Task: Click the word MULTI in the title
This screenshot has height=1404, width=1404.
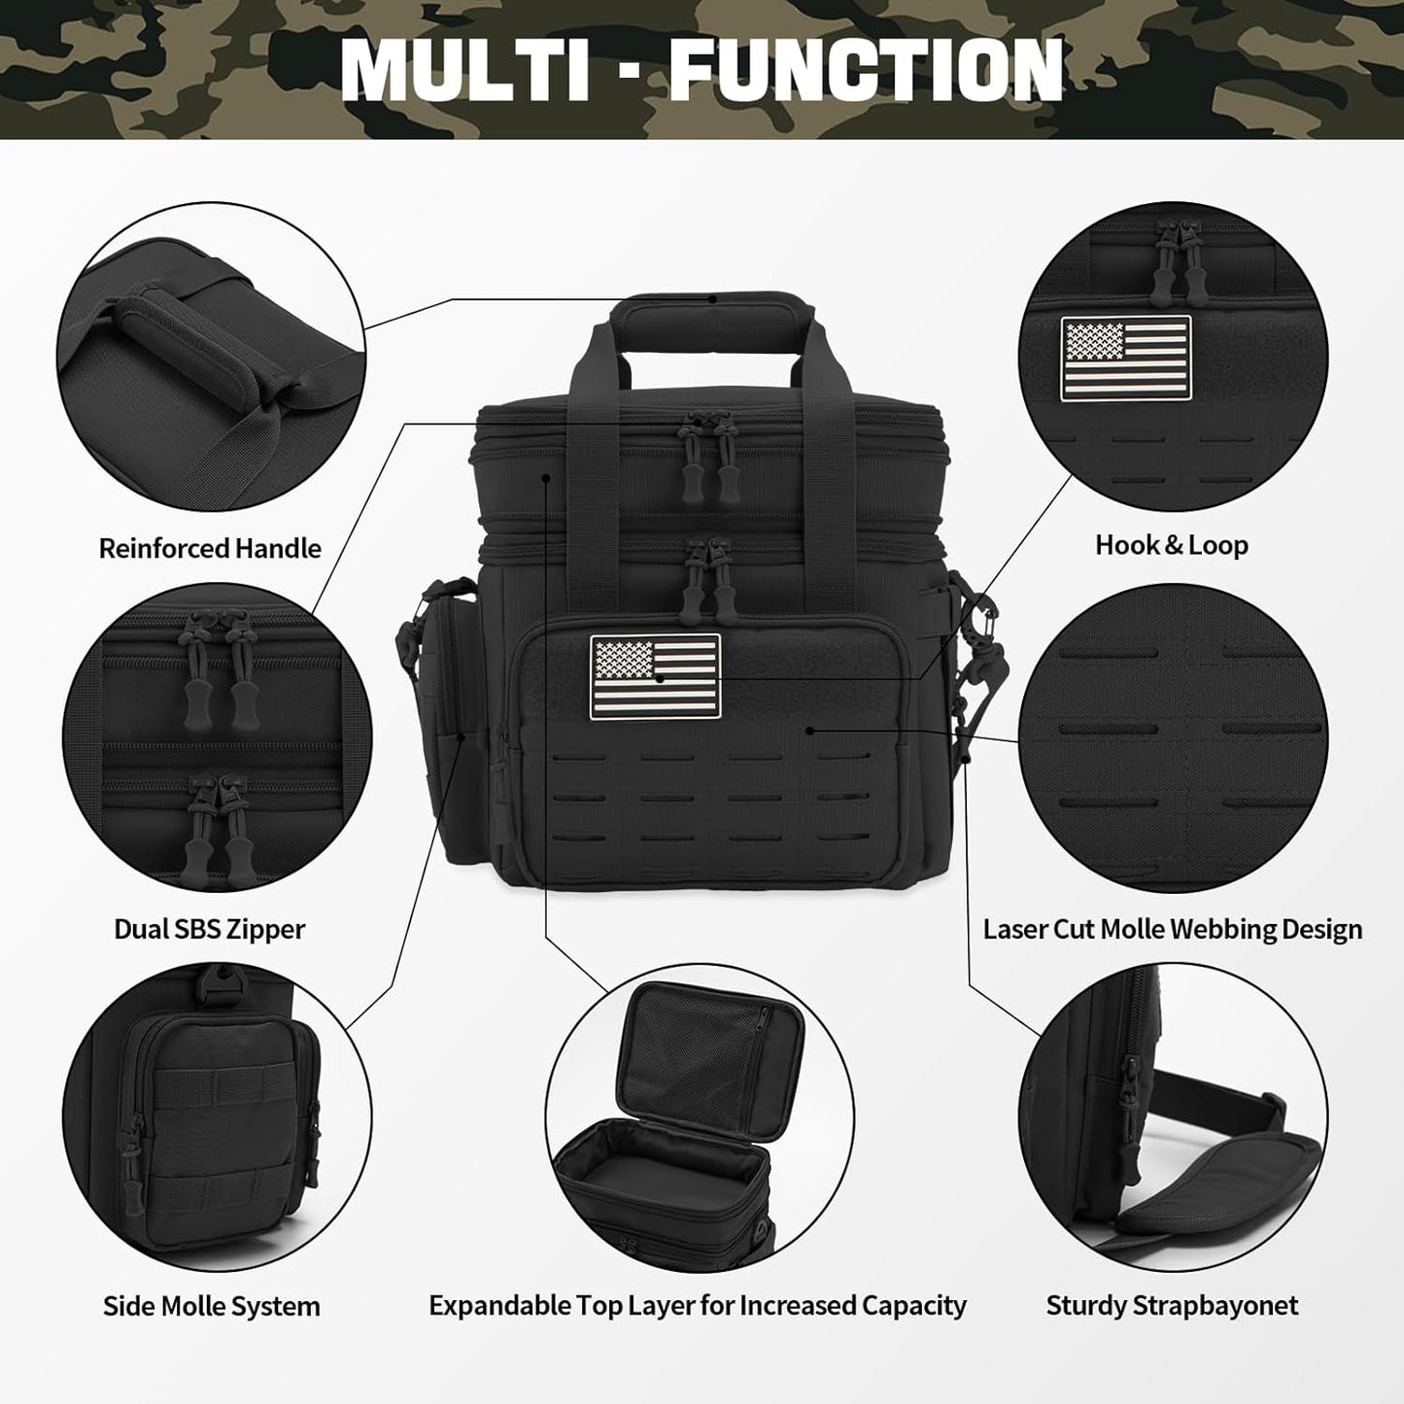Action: tap(464, 70)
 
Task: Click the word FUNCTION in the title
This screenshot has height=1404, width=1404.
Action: tap(867, 70)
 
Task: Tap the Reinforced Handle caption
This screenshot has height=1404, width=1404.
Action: tap(210, 548)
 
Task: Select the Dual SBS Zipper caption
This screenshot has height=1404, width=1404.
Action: tap(210, 929)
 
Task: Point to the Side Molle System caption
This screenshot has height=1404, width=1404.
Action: tap(212, 1307)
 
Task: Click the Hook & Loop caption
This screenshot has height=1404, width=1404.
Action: tap(1172, 545)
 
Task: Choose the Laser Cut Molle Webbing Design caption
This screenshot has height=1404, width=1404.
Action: tap(1173, 929)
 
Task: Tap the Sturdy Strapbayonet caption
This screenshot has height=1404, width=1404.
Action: tap(1172, 1306)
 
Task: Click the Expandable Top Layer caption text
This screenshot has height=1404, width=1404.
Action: tap(698, 1306)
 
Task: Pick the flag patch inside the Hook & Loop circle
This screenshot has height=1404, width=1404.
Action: tap(1126, 358)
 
